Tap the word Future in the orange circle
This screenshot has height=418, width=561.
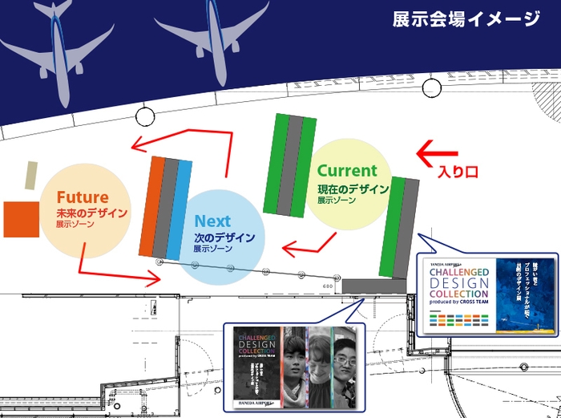pos(82,197)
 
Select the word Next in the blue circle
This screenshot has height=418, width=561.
pos(212,221)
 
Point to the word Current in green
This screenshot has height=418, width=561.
pos(346,170)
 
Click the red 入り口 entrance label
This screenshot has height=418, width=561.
pos(458,171)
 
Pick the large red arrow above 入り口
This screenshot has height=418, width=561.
pos(438,150)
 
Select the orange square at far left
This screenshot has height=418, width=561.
pos(21,220)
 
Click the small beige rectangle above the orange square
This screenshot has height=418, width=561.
pos(31,175)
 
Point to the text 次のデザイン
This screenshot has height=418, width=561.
pos(224,237)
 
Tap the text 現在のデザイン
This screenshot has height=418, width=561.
pos(353,189)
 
